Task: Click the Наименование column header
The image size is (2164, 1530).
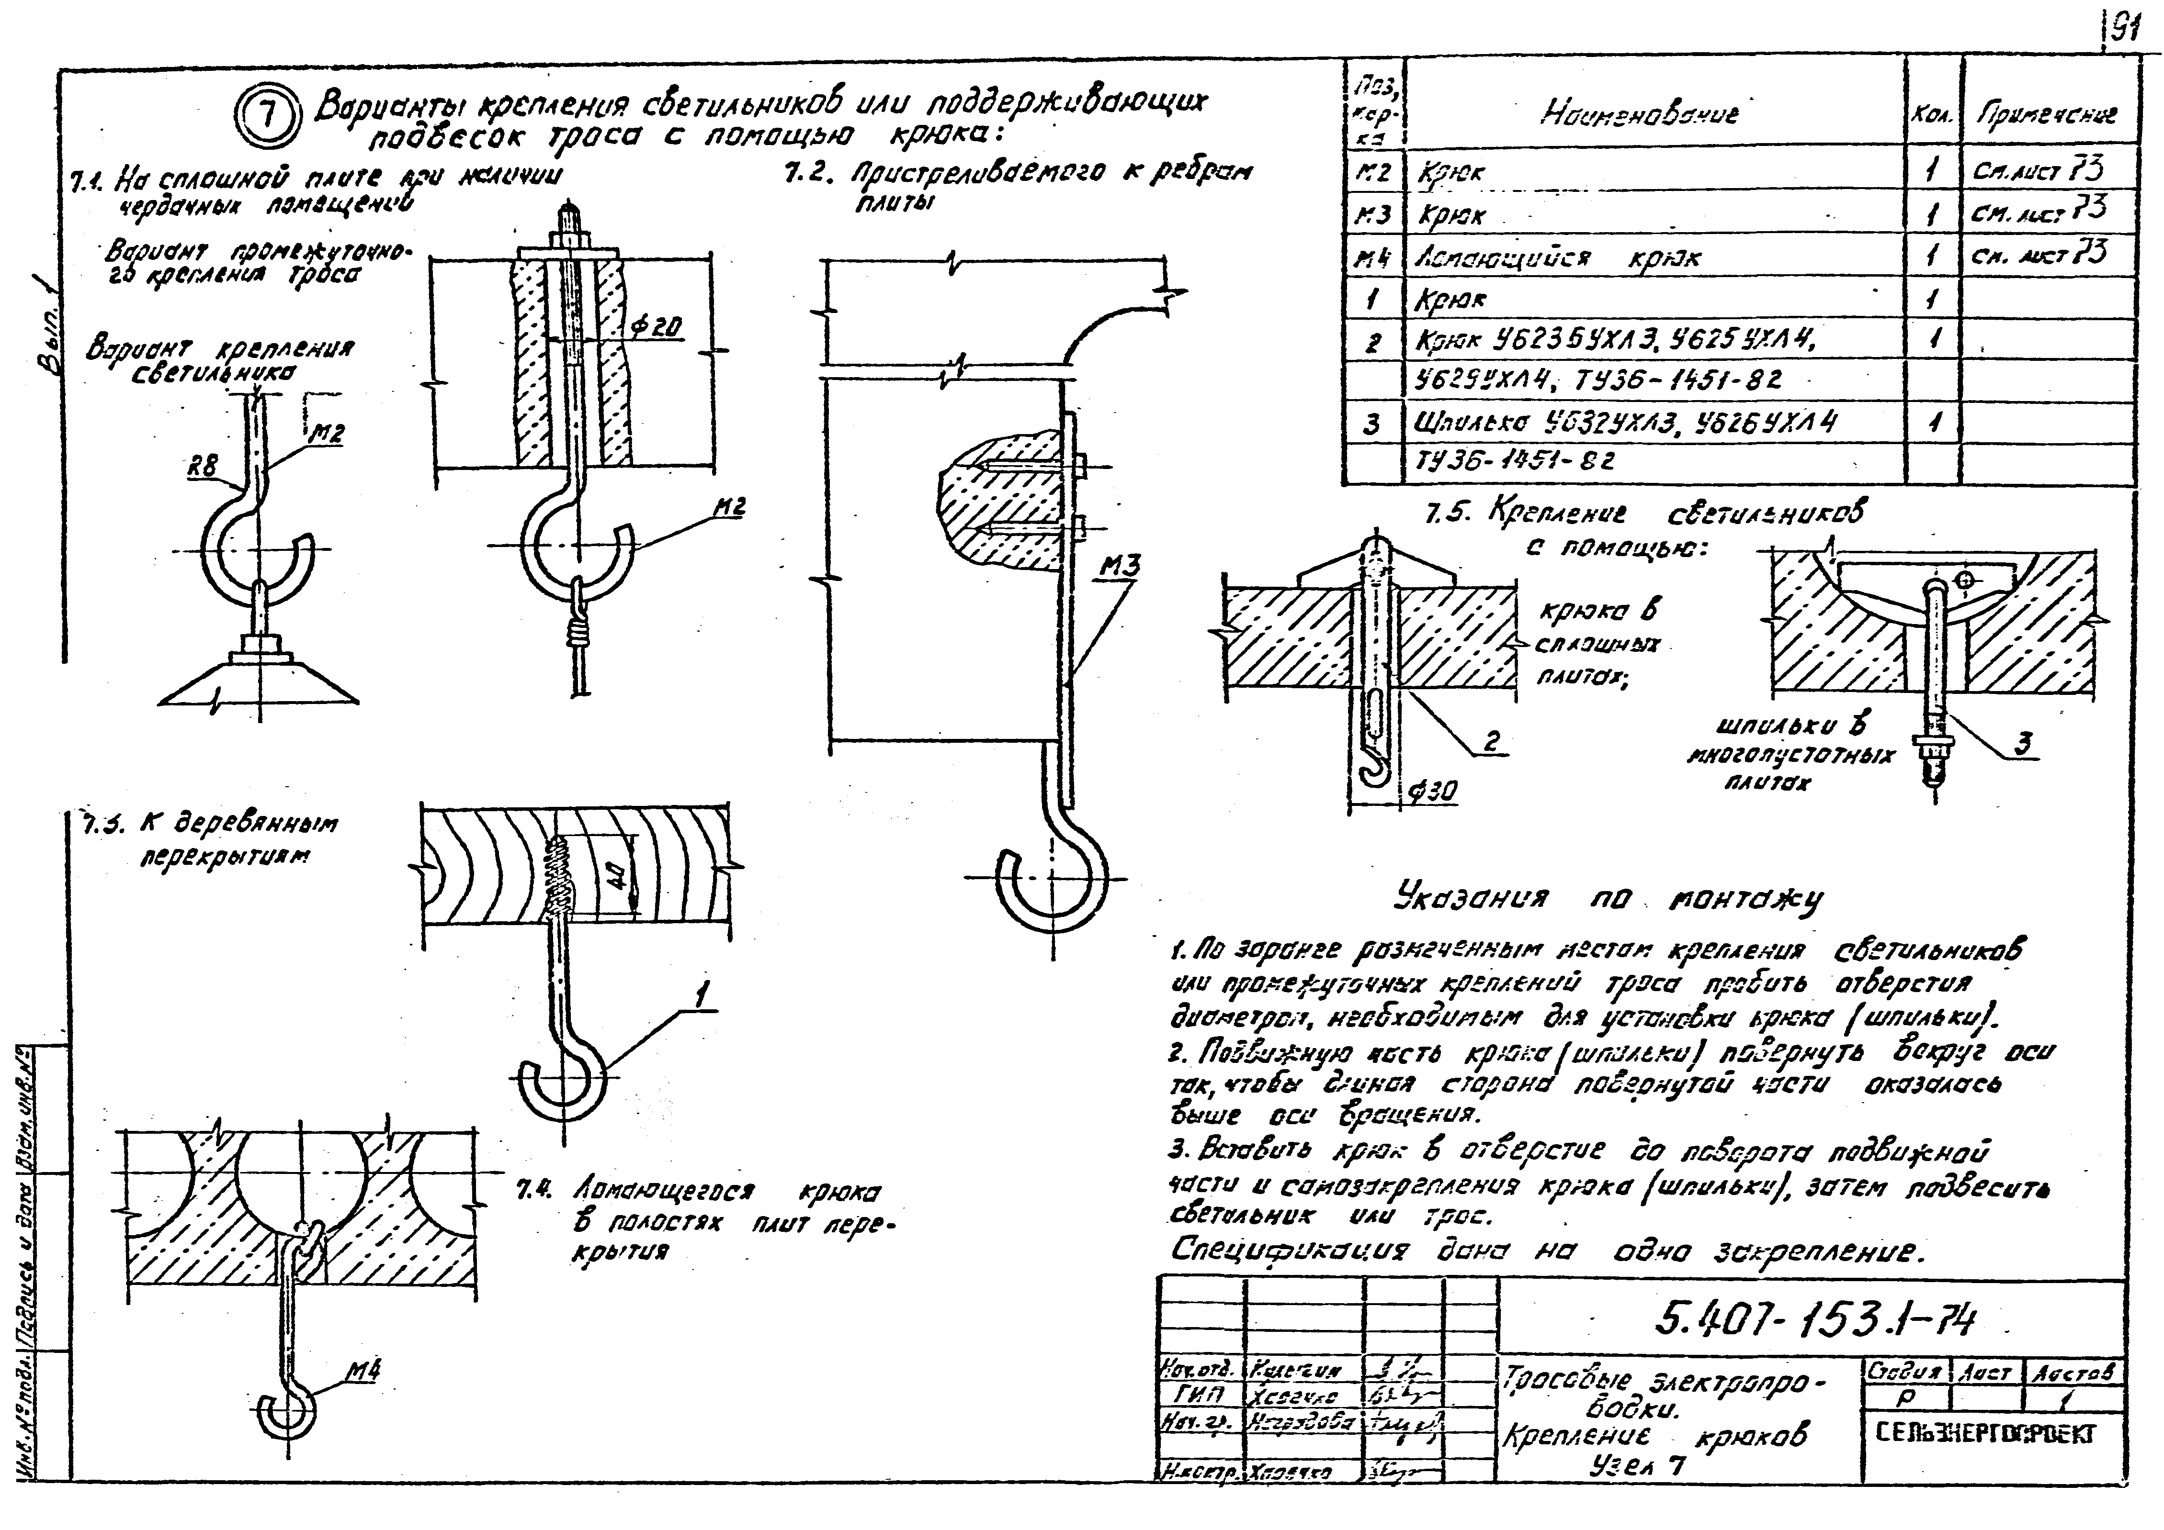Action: [x=1640, y=115]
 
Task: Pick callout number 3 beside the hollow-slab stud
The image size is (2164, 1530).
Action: [x=2022, y=742]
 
